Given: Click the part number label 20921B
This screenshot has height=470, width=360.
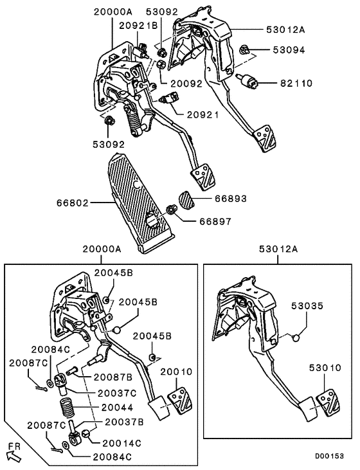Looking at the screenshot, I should (x=137, y=25).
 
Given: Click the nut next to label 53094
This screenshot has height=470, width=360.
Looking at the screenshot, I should (x=244, y=50).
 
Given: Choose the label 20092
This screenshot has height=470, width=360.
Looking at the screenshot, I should (x=186, y=84).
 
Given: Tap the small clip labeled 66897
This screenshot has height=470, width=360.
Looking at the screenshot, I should (x=173, y=210).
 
